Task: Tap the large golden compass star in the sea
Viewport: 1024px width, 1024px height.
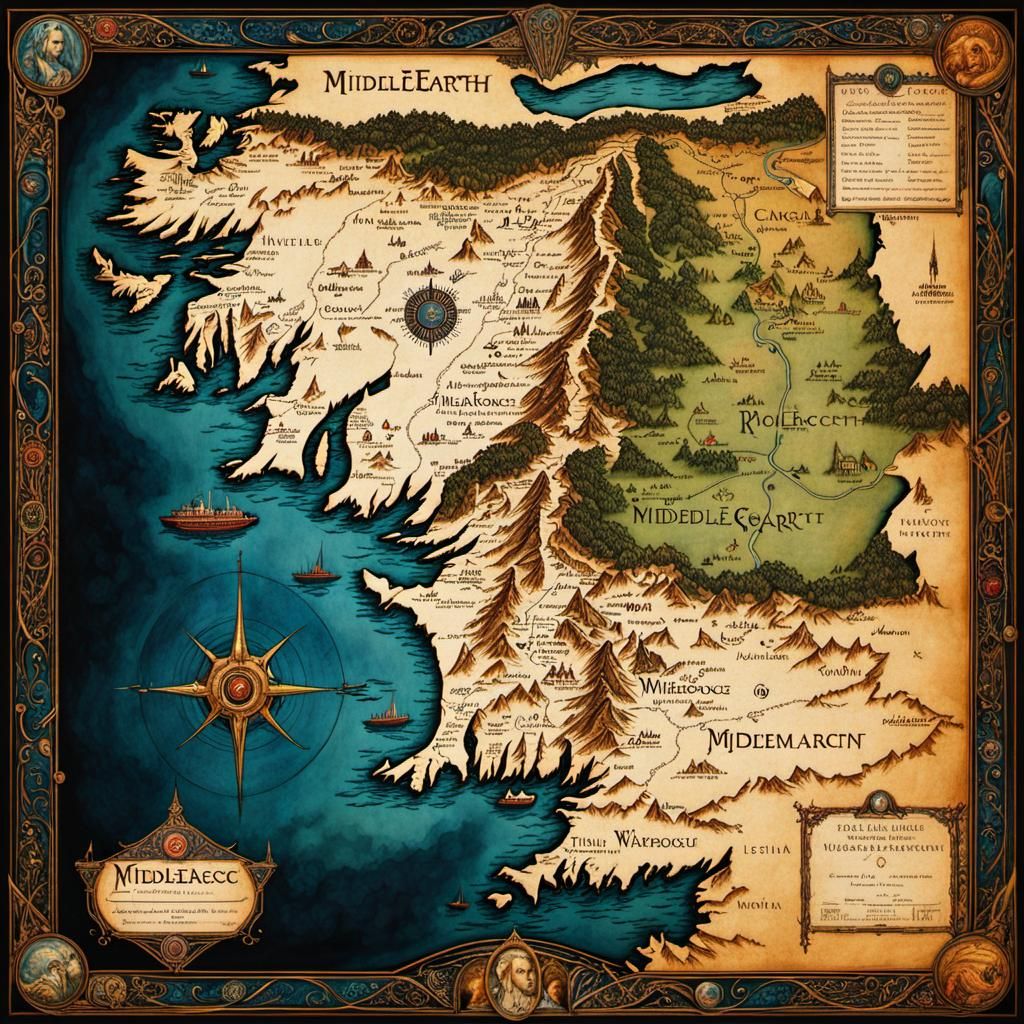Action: [240, 687]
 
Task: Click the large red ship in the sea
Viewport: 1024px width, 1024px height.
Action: [208, 517]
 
